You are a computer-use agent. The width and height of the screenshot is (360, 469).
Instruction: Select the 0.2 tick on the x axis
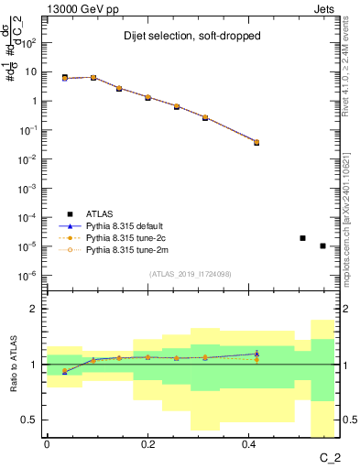[x=147, y=444]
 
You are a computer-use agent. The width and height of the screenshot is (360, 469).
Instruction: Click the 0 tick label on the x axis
[x=47, y=444]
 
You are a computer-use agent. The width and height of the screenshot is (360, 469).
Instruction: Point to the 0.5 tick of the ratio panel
[x=32, y=420]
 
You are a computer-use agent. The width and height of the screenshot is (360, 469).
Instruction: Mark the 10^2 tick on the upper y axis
[x=29, y=42]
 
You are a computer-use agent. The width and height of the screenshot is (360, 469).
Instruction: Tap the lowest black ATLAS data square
[x=322, y=245]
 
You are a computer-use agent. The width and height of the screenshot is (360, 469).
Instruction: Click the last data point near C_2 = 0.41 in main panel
[x=256, y=142]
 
